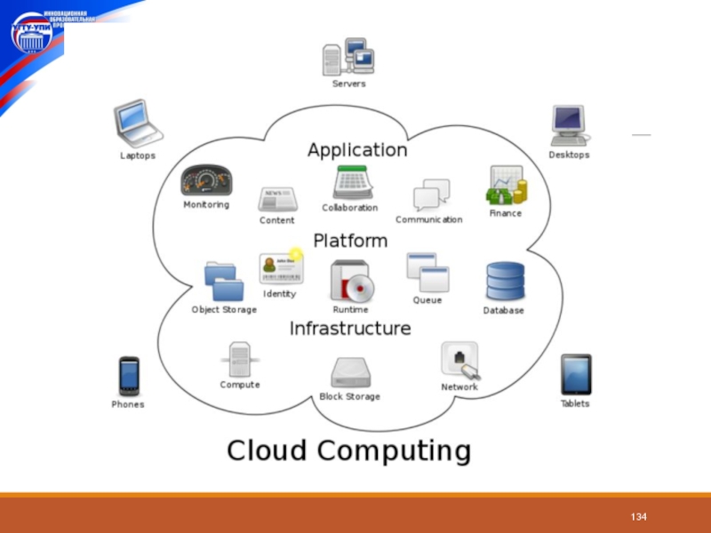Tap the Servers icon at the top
point(348,57)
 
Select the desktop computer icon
point(569,125)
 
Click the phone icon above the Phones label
point(129,377)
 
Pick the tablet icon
point(575,375)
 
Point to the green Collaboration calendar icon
point(353,182)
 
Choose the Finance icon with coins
point(506,186)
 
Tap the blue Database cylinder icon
point(504,282)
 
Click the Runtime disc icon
point(351,282)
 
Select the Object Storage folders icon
point(223,281)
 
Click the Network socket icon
point(460,361)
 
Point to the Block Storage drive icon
point(349,372)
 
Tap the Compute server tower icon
point(239,361)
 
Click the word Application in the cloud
point(357,150)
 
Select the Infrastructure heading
point(350,329)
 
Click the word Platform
point(350,241)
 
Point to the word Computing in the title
point(395,450)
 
